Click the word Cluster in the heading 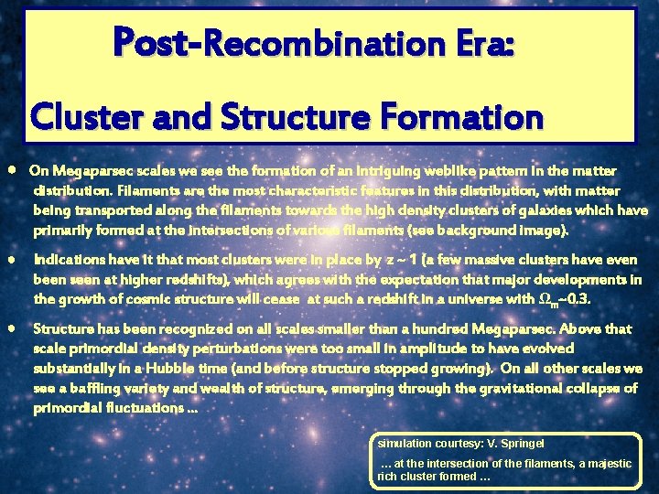tap(87, 117)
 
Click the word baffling tap(96, 389)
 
